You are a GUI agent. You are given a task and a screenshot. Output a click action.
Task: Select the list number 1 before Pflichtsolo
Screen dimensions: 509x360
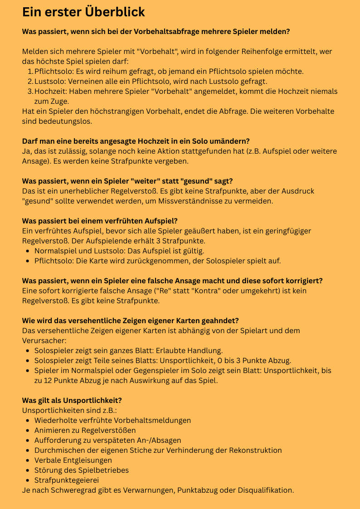tap(30, 71)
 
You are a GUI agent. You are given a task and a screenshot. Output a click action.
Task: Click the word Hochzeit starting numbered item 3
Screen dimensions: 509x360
tap(50, 91)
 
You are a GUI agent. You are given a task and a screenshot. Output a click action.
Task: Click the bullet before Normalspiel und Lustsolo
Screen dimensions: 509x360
tap(29, 251)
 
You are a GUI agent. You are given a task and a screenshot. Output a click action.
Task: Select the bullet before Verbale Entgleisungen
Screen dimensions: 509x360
tap(29, 460)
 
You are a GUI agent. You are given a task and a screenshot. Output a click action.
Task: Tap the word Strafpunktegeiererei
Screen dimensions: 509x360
tap(67, 480)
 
